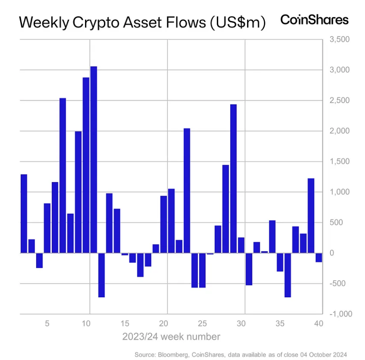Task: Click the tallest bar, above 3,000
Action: (93, 159)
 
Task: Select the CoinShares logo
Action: (314, 20)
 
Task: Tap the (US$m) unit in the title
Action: (238, 23)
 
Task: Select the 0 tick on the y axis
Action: (331, 253)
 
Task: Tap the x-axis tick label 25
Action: (202, 324)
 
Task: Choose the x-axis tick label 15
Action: (125, 324)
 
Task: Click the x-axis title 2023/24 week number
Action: (171, 336)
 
